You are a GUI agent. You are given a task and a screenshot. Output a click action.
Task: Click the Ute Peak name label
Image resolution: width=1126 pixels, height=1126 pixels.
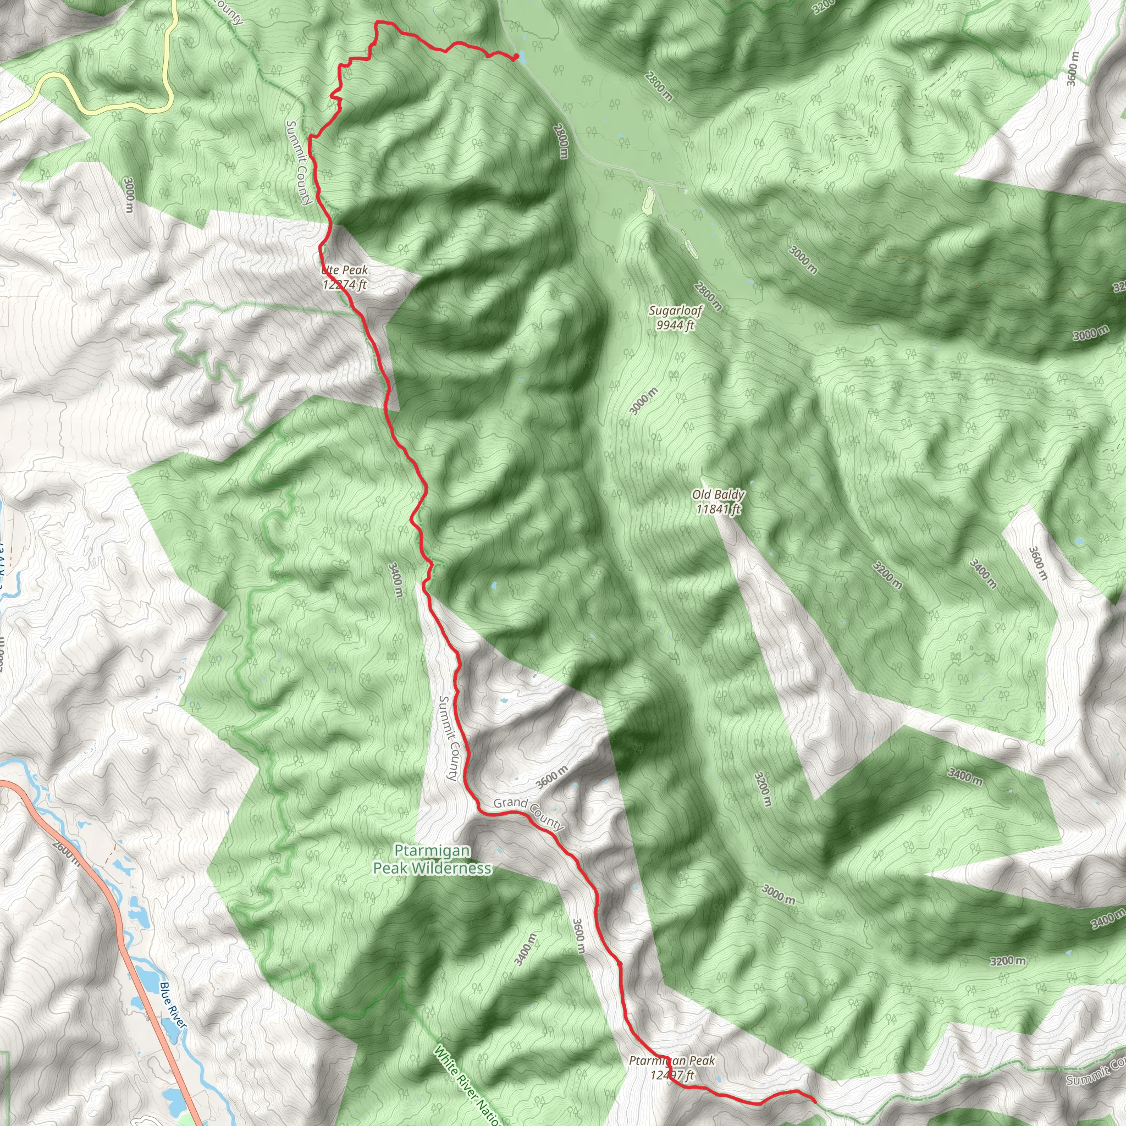point(345,271)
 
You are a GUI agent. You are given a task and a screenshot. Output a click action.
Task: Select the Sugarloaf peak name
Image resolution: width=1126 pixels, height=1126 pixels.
point(676,311)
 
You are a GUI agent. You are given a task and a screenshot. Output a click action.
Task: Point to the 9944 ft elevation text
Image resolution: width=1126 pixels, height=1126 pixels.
point(676,325)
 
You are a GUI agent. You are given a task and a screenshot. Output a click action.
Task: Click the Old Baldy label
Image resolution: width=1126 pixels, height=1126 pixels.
point(718,495)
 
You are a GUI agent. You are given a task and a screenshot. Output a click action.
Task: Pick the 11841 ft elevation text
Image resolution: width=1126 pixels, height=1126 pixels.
point(718,509)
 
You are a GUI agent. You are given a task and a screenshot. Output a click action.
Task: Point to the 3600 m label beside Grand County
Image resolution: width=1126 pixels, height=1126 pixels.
point(551,777)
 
